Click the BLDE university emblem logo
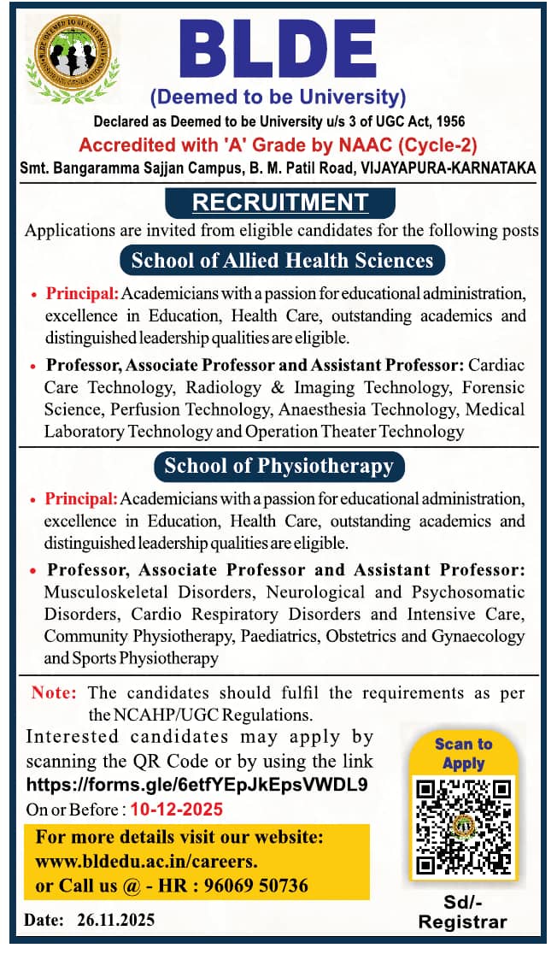pyautogui.click(x=72, y=60)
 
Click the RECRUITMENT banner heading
pyautogui.click(x=279, y=203)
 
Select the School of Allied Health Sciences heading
pyautogui.click(x=282, y=260)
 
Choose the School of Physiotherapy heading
pyautogui.click(x=278, y=466)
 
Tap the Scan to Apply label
pyautogui.click(x=464, y=753)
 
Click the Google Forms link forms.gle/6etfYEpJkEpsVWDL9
pyautogui.click(x=197, y=785)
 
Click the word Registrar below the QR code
pyautogui.click(x=463, y=922)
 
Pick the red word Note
pyautogui.click(x=54, y=693)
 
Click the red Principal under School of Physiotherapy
pyautogui.click(x=81, y=498)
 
